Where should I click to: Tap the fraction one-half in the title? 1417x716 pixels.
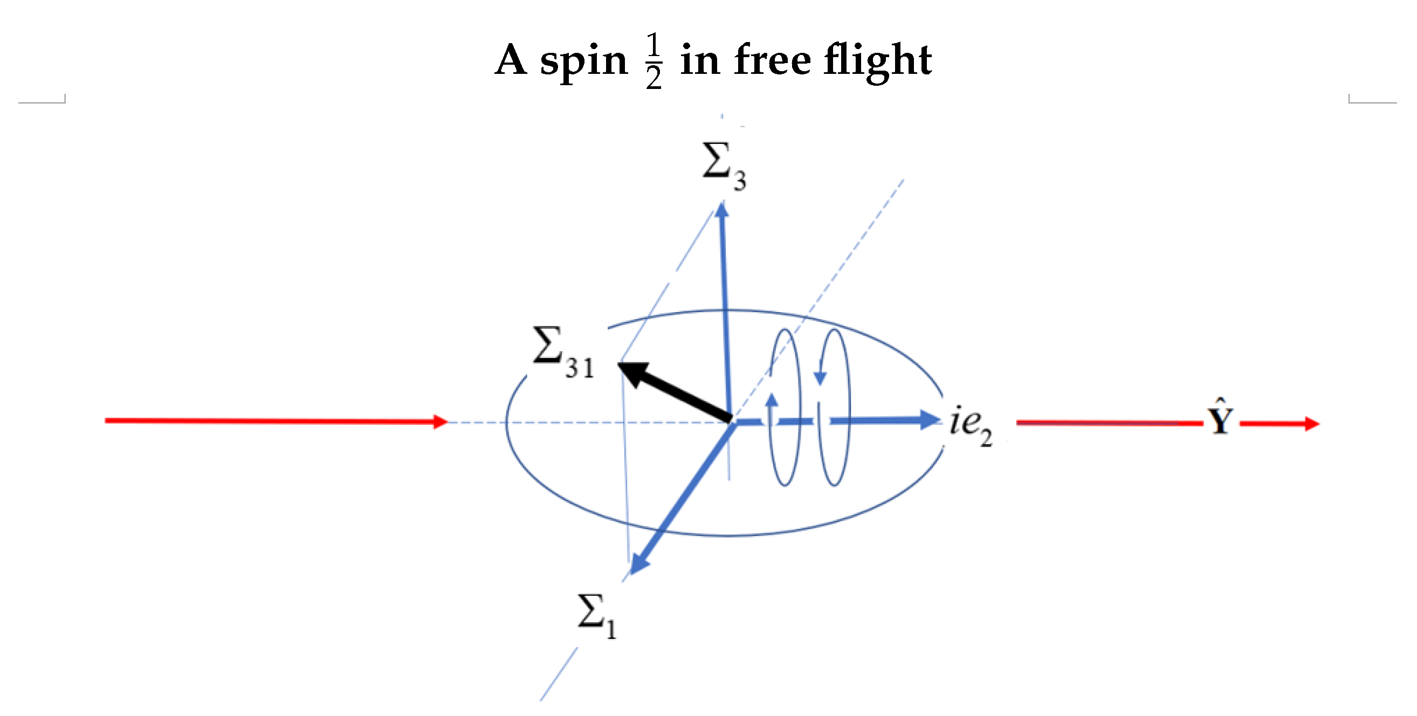[654, 60]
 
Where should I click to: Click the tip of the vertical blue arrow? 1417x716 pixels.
[723, 209]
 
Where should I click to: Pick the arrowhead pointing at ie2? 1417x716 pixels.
[931, 421]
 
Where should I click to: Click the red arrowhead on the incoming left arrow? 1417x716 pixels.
[440, 422]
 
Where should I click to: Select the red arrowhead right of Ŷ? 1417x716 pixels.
[1311, 423]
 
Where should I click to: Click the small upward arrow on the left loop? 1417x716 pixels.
[772, 400]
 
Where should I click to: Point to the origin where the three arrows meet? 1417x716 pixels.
[731, 421]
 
